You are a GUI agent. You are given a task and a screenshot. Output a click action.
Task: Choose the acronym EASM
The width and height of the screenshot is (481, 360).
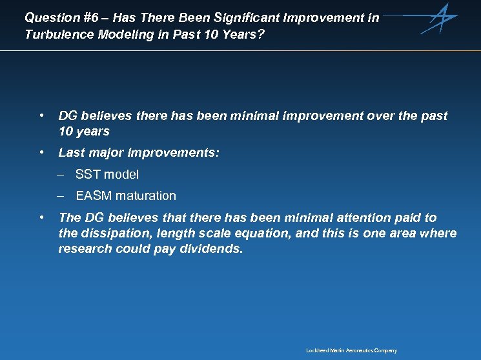coord(92,195)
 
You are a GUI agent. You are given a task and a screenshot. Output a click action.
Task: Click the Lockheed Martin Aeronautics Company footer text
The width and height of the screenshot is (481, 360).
coord(351,350)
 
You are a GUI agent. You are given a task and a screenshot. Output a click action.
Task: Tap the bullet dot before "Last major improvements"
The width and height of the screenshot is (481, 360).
coord(41,153)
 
